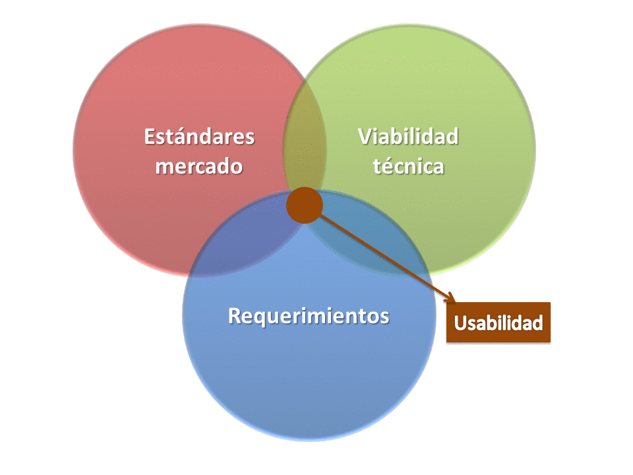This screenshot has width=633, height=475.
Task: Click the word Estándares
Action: coord(199,137)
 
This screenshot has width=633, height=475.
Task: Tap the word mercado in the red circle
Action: coord(199,166)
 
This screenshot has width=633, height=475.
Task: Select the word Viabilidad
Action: coord(408,137)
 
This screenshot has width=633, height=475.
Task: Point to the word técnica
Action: coord(409,166)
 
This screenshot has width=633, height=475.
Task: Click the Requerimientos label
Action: coord(309,316)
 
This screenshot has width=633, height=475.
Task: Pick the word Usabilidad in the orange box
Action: coord(498,323)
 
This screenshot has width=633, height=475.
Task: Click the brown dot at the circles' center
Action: coord(305,205)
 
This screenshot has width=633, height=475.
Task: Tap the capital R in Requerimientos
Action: coord(235,316)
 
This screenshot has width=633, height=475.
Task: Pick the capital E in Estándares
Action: coord(150,137)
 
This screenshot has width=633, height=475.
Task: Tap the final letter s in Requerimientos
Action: coord(384,317)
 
